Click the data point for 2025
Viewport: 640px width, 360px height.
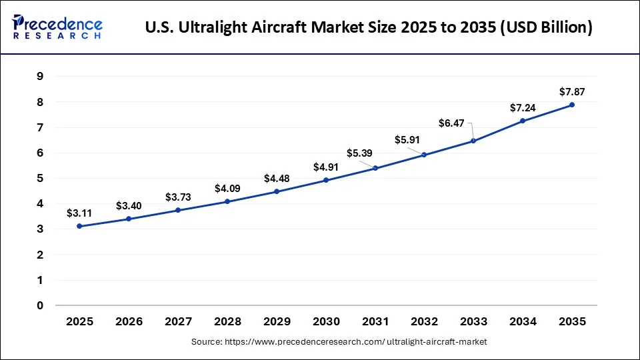click(x=79, y=226)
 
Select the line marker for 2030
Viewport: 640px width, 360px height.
click(x=326, y=180)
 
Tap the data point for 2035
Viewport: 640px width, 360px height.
click(x=572, y=105)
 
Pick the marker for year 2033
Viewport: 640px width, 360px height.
click(x=473, y=141)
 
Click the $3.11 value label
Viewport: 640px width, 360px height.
click(x=79, y=213)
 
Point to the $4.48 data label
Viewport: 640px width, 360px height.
click(x=277, y=178)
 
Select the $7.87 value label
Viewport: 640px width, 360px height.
click(x=571, y=91)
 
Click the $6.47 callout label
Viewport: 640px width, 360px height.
click(x=453, y=123)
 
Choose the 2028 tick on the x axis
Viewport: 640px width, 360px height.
click(x=227, y=322)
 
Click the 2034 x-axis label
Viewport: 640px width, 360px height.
click(x=523, y=322)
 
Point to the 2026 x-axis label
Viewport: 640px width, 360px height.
click(x=129, y=322)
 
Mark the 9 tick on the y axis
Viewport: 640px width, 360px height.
click(x=40, y=76)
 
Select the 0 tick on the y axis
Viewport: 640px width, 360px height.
click(x=40, y=306)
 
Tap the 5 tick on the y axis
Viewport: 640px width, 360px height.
click(x=40, y=178)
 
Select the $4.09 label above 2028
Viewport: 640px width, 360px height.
click(x=227, y=189)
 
